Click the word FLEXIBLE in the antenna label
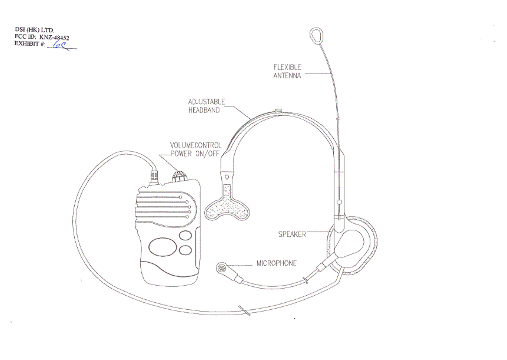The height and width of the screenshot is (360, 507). tap(287, 67)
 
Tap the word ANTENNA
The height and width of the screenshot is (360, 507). tap(287, 76)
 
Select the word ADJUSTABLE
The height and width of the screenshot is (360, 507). tap(206, 102)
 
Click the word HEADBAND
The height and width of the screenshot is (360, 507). tap(204, 110)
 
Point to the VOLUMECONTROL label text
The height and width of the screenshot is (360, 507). tap(196, 145)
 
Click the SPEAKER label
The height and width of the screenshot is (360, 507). tap(292, 234)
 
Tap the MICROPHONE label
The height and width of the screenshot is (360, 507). tap(277, 263)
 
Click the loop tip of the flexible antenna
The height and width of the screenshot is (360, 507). tap(316, 35)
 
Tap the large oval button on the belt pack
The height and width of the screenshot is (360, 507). tap(163, 247)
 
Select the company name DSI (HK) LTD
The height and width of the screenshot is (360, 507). tap(34, 30)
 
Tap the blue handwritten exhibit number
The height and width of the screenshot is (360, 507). tap(60, 45)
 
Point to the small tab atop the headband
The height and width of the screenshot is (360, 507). tap(279, 111)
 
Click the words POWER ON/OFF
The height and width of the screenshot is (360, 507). tap(195, 154)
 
